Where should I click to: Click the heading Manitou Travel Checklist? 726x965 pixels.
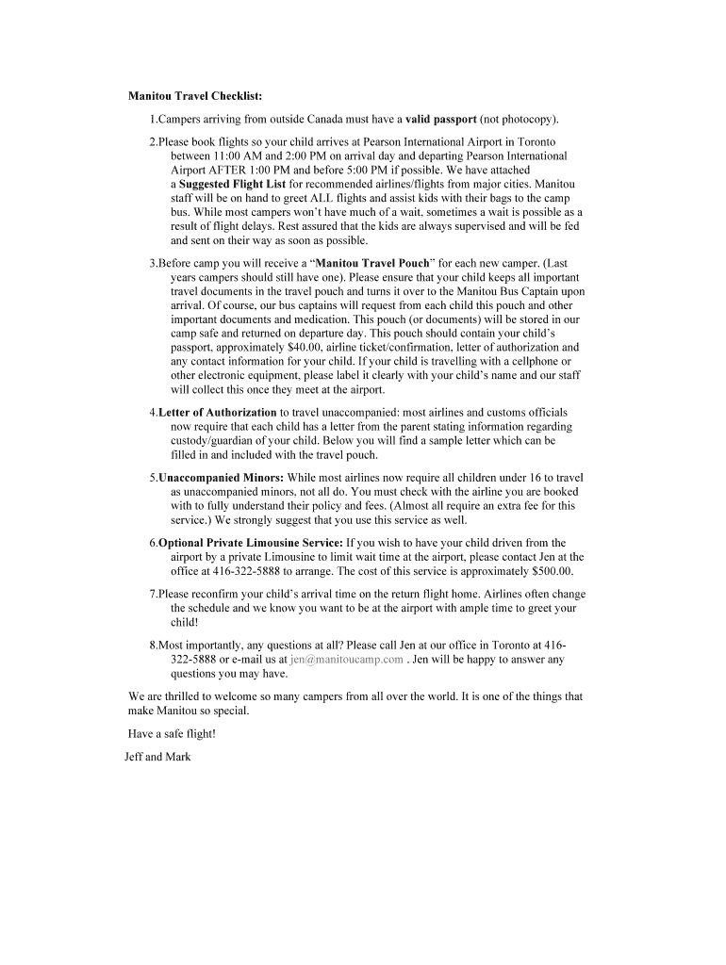pos(195,96)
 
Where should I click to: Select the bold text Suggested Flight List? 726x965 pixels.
pos(232,184)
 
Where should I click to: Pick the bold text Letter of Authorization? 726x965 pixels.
pos(217,413)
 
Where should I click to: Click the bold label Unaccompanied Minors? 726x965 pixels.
pos(221,478)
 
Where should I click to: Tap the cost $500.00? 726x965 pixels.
pos(552,571)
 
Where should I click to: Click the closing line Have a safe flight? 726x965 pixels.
pos(172,734)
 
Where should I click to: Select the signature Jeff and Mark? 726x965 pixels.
pos(157,757)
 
